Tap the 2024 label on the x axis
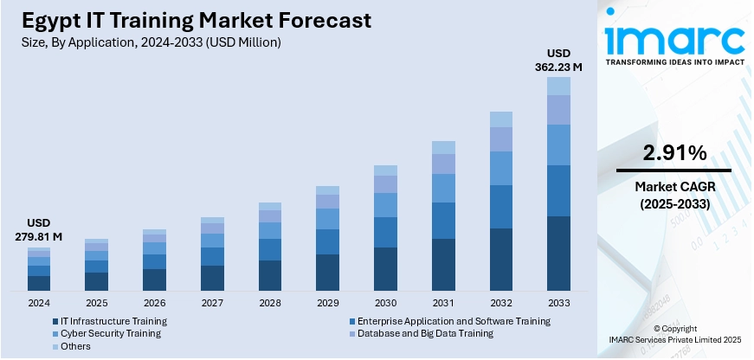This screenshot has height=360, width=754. tap(39, 304)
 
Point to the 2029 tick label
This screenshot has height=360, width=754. tap(327, 304)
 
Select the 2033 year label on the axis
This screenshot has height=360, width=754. tap(558, 304)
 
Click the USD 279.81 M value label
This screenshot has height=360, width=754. tap(38, 228)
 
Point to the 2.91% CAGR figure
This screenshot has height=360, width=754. tap(673, 153)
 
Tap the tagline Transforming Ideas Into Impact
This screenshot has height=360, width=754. tap(674, 63)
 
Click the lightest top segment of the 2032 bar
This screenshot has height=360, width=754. tap(501, 119)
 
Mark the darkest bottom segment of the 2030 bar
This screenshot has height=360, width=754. tap(385, 269)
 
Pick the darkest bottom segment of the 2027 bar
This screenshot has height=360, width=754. tap(212, 278)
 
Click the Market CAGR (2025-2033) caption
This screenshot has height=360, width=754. tap(673, 195)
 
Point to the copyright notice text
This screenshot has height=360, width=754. tap(674, 334)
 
